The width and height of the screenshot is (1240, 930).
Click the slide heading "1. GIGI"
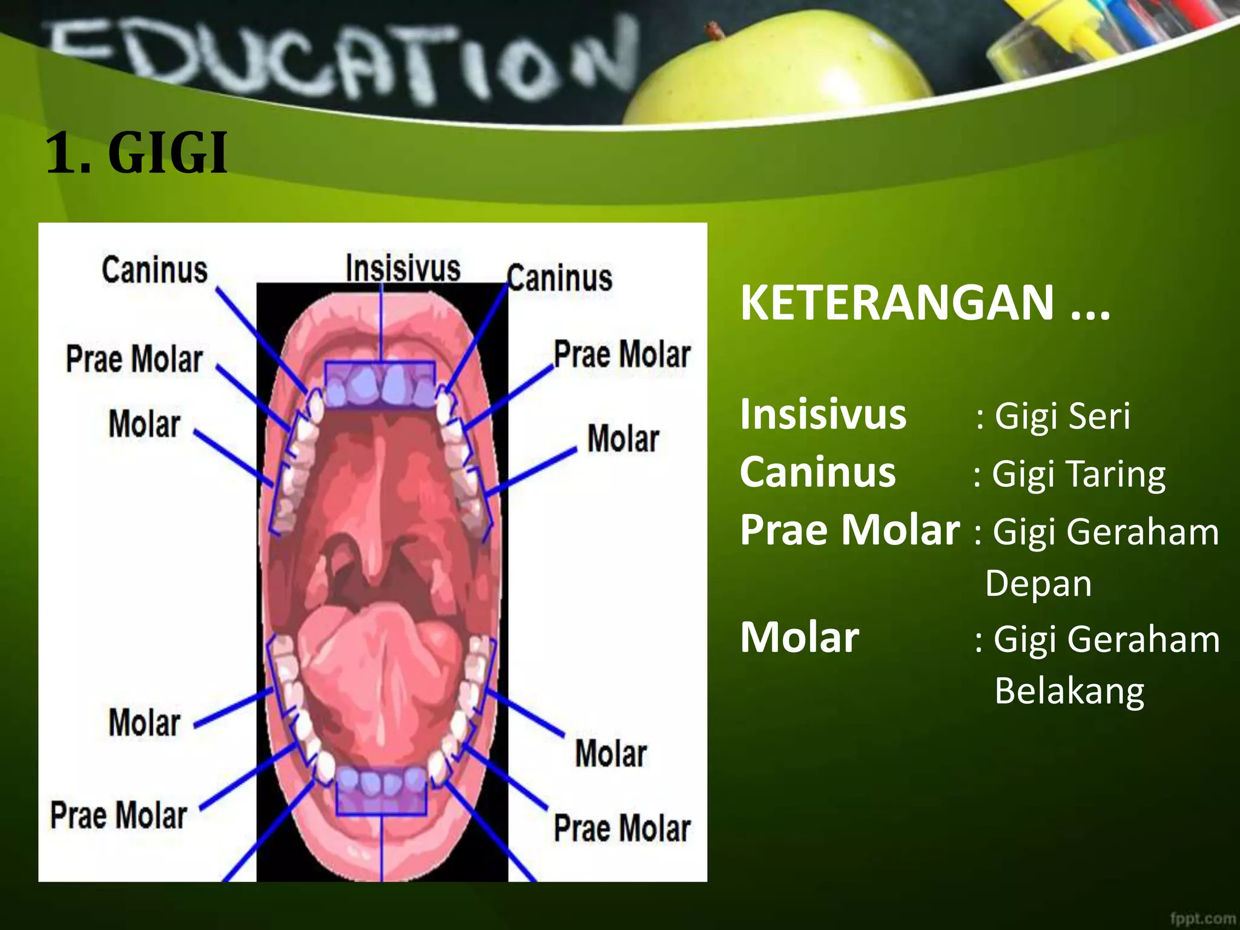(x=137, y=154)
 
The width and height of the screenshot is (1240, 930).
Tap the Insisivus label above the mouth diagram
(x=403, y=268)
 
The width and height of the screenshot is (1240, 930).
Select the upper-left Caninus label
(x=154, y=270)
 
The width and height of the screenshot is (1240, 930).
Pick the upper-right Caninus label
(x=559, y=279)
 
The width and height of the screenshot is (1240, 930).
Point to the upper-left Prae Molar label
(x=134, y=359)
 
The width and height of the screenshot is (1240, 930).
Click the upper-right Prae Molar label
(x=622, y=355)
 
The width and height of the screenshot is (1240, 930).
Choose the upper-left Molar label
(x=145, y=424)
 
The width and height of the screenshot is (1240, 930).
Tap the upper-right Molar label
(x=623, y=438)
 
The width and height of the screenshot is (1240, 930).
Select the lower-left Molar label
(x=145, y=723)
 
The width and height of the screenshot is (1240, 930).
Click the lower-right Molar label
(x=611, y=754)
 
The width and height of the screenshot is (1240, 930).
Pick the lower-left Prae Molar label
(x=119, y=815)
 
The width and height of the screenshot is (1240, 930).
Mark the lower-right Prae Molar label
(x=622, y=828)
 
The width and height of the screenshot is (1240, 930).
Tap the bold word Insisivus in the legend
(x=823, y=415)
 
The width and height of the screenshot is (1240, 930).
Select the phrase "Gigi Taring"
(x=1078, y=474)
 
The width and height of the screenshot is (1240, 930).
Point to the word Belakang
(x=1069, y=691)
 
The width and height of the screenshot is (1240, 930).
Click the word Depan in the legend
(x=1038, y=584)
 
